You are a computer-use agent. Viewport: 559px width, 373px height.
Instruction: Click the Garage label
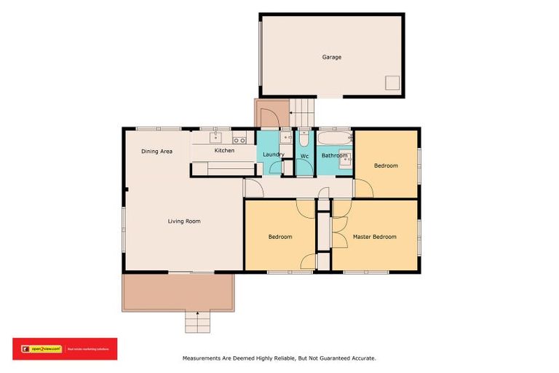click(332, 57)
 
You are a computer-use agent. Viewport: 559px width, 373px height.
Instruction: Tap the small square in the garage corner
click(392, 82)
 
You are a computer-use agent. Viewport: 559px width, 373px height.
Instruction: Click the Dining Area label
click(156, 151)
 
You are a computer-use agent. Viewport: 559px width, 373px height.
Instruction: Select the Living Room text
click(184, 221)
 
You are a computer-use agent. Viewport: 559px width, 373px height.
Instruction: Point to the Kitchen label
click(224, 151)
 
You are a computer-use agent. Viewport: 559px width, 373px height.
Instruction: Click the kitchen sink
click(215, 137)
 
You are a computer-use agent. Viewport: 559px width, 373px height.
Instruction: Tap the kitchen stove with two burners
click(239, 139)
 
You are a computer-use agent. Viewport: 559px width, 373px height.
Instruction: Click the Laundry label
click(273, 154)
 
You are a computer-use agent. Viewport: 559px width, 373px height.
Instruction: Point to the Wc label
click(304, 156)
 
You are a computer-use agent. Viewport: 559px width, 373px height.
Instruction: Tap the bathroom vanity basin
click(346, 156)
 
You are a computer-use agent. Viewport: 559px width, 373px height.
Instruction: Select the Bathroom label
click(334, 156)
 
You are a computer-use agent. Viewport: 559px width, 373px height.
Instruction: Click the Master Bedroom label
click(374, 237)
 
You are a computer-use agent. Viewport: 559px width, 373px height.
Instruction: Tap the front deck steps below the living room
click(197, 321)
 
